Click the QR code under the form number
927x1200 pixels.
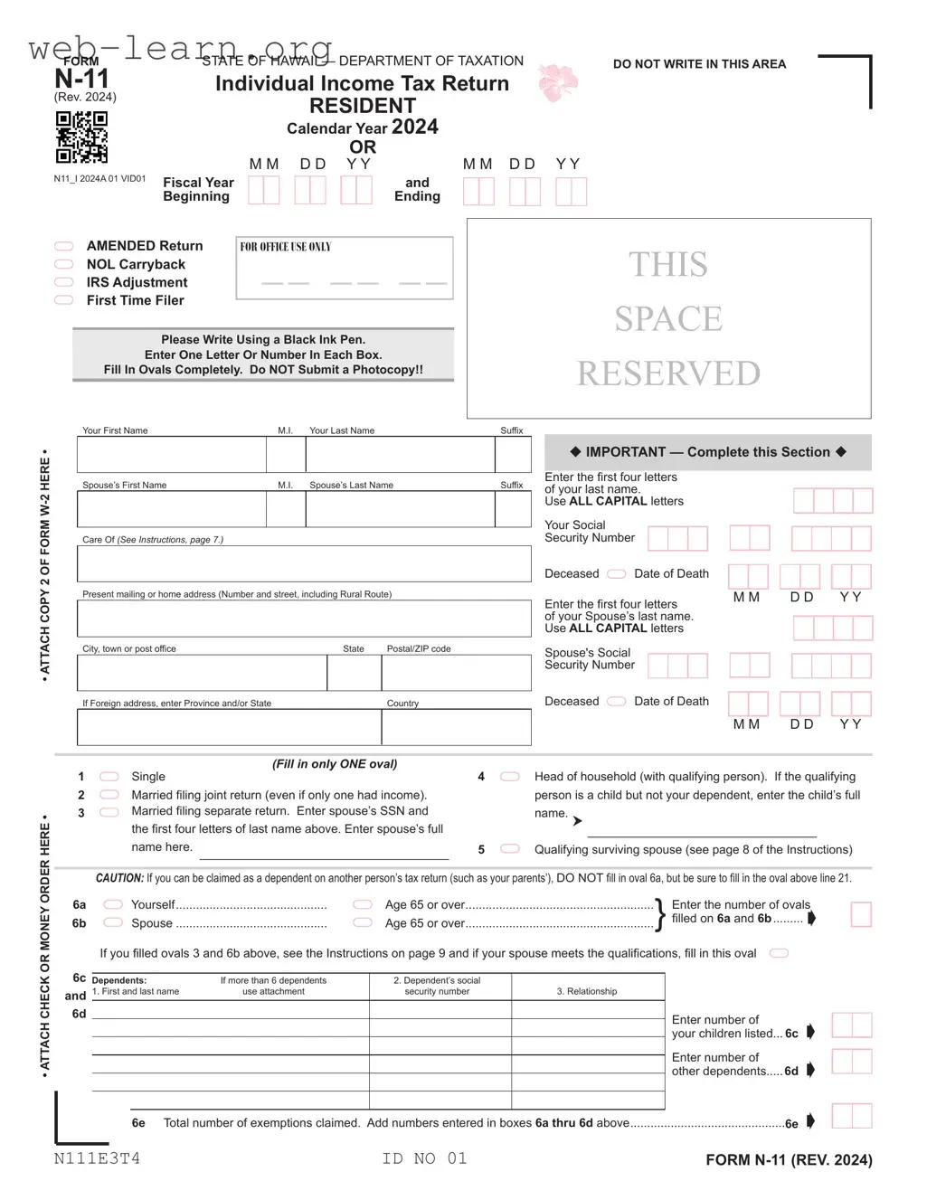81,137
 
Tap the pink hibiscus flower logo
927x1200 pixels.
557,83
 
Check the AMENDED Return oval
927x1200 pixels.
64,246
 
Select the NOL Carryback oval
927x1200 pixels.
64,264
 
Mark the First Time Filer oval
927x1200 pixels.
64,300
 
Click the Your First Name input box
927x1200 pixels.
172,455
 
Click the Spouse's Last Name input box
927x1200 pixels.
400,510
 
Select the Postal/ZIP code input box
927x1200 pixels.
456,673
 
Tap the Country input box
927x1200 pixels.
456,727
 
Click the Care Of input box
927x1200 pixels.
304,563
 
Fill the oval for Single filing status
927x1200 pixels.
109,777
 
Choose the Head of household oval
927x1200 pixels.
510,777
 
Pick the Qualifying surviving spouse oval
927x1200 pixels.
510,849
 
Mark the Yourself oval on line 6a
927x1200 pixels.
113,904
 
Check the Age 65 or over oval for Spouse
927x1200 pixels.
363,922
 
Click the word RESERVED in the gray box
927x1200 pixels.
668,373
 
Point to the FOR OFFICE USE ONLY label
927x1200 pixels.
286,247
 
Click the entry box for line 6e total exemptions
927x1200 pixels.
851,1116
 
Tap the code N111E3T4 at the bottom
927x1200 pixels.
97,1158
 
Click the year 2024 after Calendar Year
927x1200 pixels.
415,127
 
